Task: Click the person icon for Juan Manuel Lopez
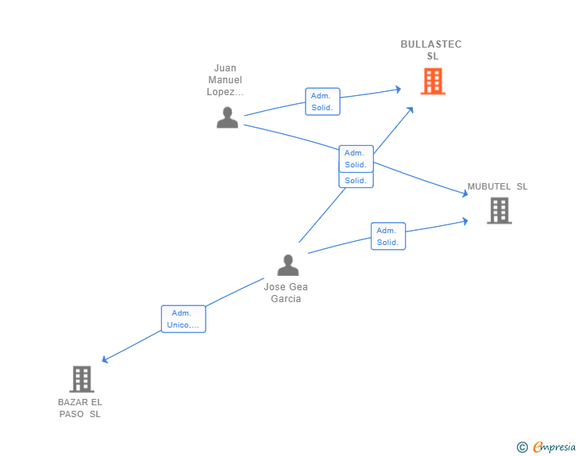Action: point(227,117)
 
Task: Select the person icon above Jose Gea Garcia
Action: point(288,265)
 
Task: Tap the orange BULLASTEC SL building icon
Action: point(433,81)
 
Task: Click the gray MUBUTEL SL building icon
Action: point(499,211)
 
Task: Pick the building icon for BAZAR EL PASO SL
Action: point(82,379)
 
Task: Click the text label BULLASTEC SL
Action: point(431,50)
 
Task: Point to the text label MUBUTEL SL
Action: point(497,187)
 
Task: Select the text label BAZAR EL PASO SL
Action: point(80,408)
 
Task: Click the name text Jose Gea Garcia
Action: point(286,293)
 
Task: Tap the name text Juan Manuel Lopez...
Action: point(225,79)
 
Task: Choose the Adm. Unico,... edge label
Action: point(183,319)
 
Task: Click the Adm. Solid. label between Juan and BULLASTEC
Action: point(322,102)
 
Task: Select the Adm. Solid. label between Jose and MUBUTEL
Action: point(388,236)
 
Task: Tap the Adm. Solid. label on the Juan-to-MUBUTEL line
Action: point(356,159)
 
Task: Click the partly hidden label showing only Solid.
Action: point(356,181)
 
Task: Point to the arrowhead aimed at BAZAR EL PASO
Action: point(105,360)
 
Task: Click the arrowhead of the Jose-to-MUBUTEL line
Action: point(465,220)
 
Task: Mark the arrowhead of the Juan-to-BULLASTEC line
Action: point(399,90)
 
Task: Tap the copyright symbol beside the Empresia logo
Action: point(522,447)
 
